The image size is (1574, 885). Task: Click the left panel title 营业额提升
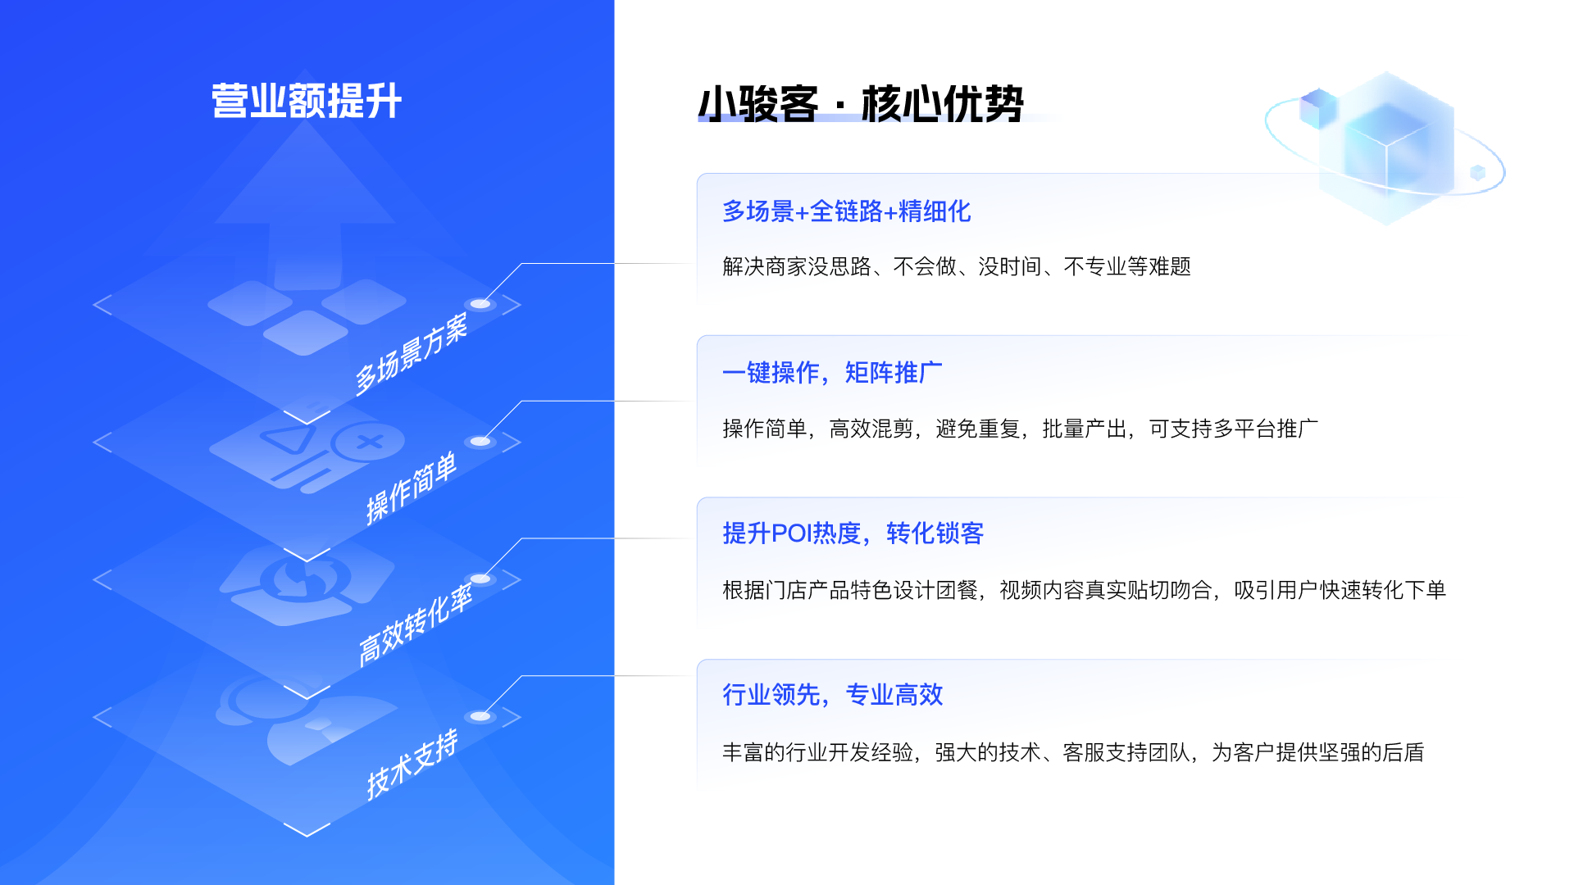tap(307, 102)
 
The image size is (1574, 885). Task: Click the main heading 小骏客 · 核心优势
tap(861, 104)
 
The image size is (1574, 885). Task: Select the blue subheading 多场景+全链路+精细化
tap(846, 211)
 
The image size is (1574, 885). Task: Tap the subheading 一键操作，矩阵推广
tap(832, 373)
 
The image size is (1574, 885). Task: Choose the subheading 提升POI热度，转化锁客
tap(853, 533)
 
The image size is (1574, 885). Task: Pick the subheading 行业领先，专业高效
tap(832, 695)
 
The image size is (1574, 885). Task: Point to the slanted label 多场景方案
tap(411, 354)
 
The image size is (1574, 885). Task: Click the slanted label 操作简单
tap(411, 488)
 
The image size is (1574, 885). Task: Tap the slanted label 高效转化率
tap(415, 624)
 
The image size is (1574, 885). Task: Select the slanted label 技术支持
tap(412, 764)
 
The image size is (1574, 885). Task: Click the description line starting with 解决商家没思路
tap(956, 266)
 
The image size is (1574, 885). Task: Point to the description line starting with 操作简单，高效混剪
tap(1020, 429)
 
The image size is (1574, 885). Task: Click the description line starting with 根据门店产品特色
tap(1084, 590)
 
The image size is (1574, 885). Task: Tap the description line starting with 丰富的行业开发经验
tap(1073, 752)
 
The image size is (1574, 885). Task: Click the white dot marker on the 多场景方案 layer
tap(480, 304)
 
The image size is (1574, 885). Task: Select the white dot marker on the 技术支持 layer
tap(480, 716)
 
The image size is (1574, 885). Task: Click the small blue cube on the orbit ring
tap(1478, 172)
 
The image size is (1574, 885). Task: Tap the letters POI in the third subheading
tap(792, 533)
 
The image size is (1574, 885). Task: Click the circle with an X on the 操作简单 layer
tap(369, 442)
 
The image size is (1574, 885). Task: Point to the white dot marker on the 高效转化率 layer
tap(480, 579)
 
